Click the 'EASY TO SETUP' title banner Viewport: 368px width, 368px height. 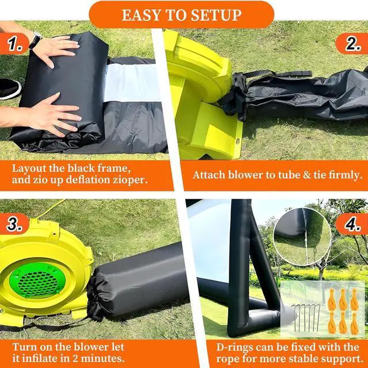click(x=182, y=15)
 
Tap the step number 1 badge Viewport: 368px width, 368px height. click(x=14, y=44)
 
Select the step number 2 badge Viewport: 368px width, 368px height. click(x=352, y=44)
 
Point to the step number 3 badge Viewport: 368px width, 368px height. click(x=14, y=224)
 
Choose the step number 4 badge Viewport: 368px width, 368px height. click(x=352, y=224)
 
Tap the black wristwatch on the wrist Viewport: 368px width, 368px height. click(x=35, y=40)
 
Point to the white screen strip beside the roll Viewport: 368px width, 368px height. click(x=133, y=83)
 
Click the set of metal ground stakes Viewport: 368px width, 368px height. click(x=306, y=318)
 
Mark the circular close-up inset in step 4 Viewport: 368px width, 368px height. click(x=302, y=236)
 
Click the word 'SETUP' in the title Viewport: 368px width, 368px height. click(x=216, y=16)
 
